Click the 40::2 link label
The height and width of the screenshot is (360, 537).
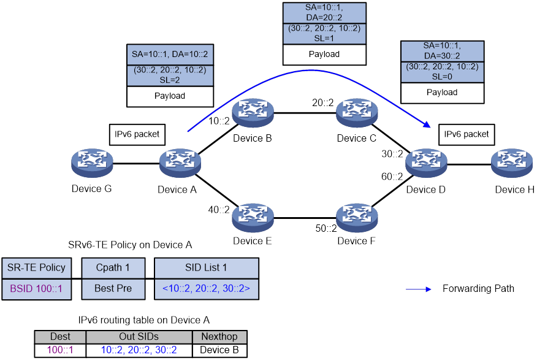click(x=218, y=210)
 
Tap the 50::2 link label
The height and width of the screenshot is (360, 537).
click(x=326, y=229)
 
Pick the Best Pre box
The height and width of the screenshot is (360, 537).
click(x=113, y=288)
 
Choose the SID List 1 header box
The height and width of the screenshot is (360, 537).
click(x=206, y=268)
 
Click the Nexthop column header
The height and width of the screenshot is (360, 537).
click(x=219, y=337)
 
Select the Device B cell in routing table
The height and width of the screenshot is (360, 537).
click(x=219, y=350)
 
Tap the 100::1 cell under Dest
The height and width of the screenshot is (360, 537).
click(x=59, y=350)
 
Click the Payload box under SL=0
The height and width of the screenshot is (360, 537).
click(x=442, y=93)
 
